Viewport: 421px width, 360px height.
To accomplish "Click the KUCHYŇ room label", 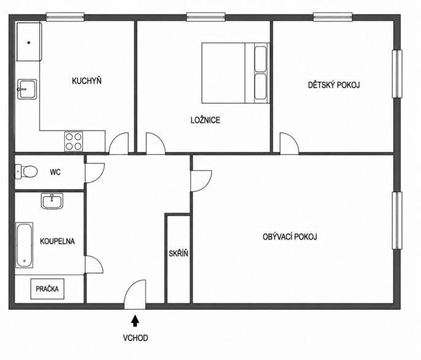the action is click(x=87, y=80).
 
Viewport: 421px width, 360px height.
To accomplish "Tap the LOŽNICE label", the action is click(x=206, y=120).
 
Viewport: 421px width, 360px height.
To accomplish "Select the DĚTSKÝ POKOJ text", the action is click(x=334, y=85).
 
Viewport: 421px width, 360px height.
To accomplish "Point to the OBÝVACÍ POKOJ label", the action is click(x=290, y=237).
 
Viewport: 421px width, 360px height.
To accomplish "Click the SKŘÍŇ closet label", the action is click(x=179, y=254).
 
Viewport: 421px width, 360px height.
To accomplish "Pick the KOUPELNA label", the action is click(x=57, y=241).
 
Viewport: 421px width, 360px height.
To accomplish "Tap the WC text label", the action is click(x=55, y=172).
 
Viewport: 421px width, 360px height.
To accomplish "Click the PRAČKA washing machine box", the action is click(x=47, y=289).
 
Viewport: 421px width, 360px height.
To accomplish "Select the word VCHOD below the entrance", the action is click(x=135, y=338).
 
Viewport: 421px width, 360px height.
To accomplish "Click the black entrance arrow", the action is click(x=135, y=321).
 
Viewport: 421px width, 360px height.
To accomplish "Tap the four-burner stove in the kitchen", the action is click(x=74, y=141).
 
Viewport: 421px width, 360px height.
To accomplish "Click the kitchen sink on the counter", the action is click(x=27, y=89).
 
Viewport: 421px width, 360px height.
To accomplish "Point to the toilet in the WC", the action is click(x=26, y=171).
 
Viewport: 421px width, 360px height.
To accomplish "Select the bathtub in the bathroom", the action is click(x=24, y=245).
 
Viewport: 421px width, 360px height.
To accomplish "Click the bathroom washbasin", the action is click(x=52, y=201).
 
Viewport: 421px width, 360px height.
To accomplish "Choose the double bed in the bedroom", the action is click(x=236, y=73).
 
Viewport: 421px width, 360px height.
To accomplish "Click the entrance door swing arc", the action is click(x=132, y=287).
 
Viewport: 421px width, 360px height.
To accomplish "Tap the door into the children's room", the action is click(x=290, y=144).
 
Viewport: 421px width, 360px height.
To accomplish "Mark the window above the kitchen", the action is click(x=65, y=17).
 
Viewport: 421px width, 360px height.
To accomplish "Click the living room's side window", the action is click(x=398, y=221).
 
